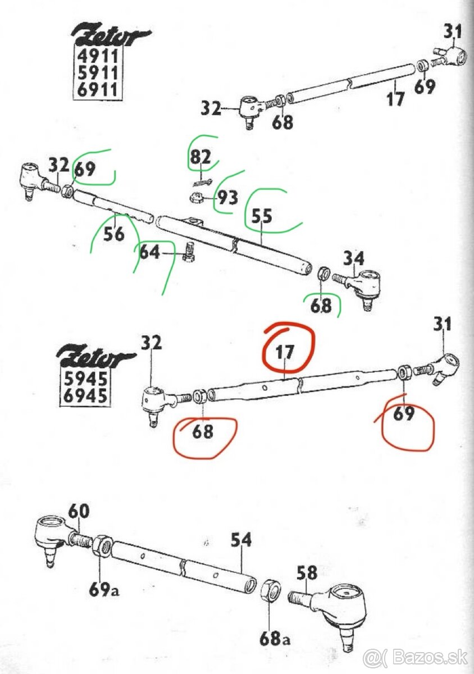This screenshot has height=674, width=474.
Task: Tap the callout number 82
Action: [x=200, y=157]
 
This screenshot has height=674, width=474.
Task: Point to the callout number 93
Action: [x=227, y=198]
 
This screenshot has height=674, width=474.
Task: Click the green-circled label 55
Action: [x=262, y=216]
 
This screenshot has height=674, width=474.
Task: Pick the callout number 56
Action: [x=114, y=234]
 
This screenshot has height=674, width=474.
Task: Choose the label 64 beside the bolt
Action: [x=150, y=252]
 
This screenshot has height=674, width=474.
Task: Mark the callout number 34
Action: [x=354, y=258]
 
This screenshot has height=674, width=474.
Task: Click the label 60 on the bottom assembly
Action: [x=79, y=512]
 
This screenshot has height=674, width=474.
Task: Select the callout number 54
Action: [x=241, y=540]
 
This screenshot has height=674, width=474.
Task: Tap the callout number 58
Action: [x=307, y=573]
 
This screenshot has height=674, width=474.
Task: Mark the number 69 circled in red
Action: [x=404, y=414]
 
